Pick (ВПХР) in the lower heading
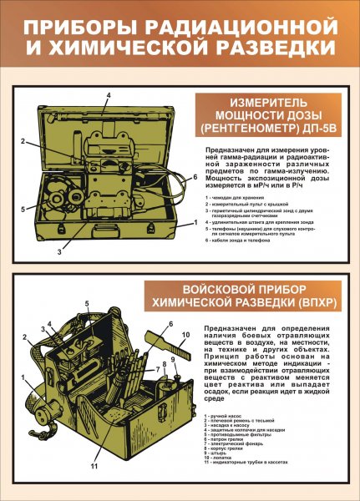click(311, 306)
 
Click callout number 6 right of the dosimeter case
click(195, 177)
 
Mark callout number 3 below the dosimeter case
click(59, 250)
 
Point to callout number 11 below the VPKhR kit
click(94, 465)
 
